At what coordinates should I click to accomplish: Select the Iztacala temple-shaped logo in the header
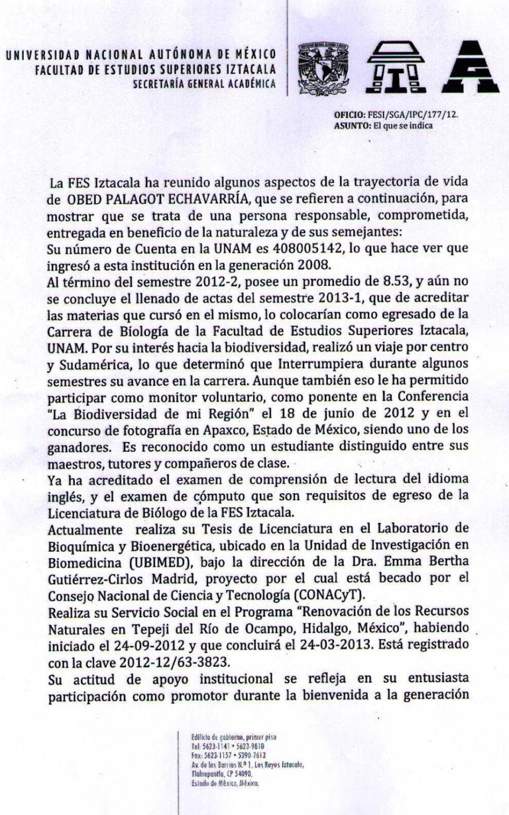pyautogui.click(x=392, y=66)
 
